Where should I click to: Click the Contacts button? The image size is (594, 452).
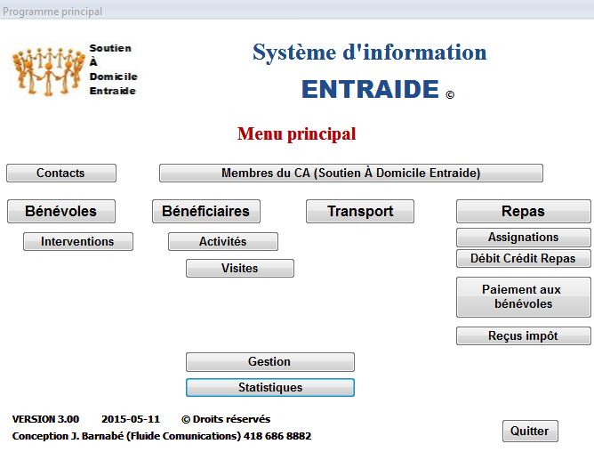(61, 173)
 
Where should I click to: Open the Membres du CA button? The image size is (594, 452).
(350, 173)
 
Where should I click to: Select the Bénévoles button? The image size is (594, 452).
(61, 211)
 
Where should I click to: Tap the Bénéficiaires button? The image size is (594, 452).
(206, 211)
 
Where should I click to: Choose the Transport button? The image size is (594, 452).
(360, 211)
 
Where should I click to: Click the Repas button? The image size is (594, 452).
(523, 211)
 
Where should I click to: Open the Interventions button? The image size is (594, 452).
(78, 241)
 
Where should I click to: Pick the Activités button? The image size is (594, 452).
(223, 241)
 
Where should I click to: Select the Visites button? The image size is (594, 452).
(240, 268)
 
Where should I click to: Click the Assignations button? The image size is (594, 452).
(523, 238)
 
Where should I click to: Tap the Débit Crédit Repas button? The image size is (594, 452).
(523, 258)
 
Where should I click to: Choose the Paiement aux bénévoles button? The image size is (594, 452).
(523, 297)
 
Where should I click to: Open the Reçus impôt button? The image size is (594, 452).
(523, 335)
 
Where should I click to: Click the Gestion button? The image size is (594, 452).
(270, 362)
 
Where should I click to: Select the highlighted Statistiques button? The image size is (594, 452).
(270, 387)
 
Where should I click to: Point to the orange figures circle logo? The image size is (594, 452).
(48, 71)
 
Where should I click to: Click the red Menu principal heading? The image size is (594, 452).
(297, 133)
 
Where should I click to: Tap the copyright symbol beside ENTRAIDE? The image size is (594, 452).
(450, 94)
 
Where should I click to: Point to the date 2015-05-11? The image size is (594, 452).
(131, 419)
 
